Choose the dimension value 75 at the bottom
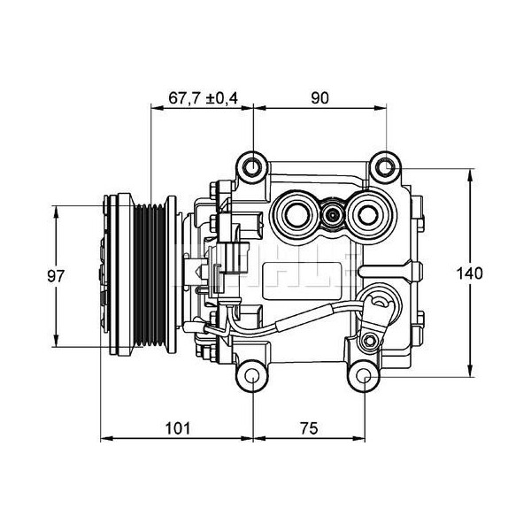(x=309, y=428)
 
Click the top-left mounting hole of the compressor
(x=253, y=165)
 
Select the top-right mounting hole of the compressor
(x=384, y=165)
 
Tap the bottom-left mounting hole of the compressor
(x=253, y=379)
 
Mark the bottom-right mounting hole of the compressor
(x=367, y=379)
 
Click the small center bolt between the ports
(x=332, y=213)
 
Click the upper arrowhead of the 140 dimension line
(x=469, y=170)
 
